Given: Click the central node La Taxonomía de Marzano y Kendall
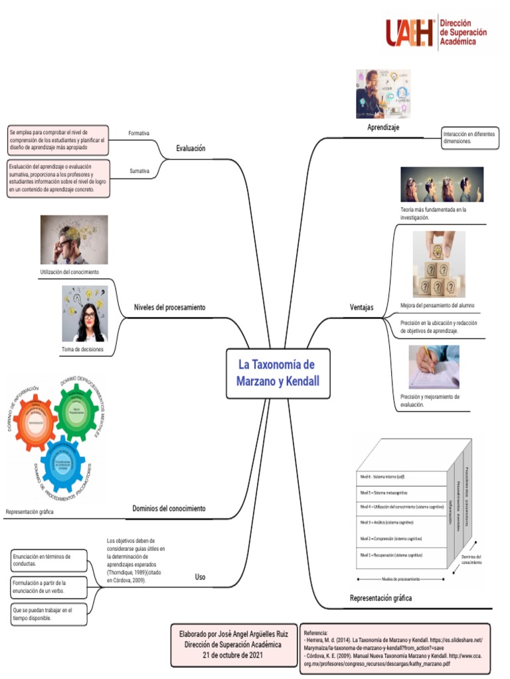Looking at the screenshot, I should point(278,373).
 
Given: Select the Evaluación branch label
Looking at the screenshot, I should point(191,149).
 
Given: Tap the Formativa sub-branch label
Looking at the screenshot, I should point(139,133).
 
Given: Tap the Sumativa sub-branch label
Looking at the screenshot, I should point(139,171).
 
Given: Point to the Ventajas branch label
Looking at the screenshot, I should point(362,307).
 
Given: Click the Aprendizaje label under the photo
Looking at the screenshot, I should point(383,127).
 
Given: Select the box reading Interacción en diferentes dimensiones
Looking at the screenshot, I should point(469,138).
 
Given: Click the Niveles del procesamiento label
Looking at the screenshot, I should point(169,308).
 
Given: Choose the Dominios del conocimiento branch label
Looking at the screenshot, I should point(169,509).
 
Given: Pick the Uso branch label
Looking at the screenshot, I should point(200,577).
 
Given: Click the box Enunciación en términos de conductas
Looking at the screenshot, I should point(49,560).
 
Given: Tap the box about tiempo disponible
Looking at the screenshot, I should point(49,613).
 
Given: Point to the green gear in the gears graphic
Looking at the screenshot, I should point(77,412).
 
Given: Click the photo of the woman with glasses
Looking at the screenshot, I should point(85,314).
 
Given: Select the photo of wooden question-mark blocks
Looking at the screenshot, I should point(439,264).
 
